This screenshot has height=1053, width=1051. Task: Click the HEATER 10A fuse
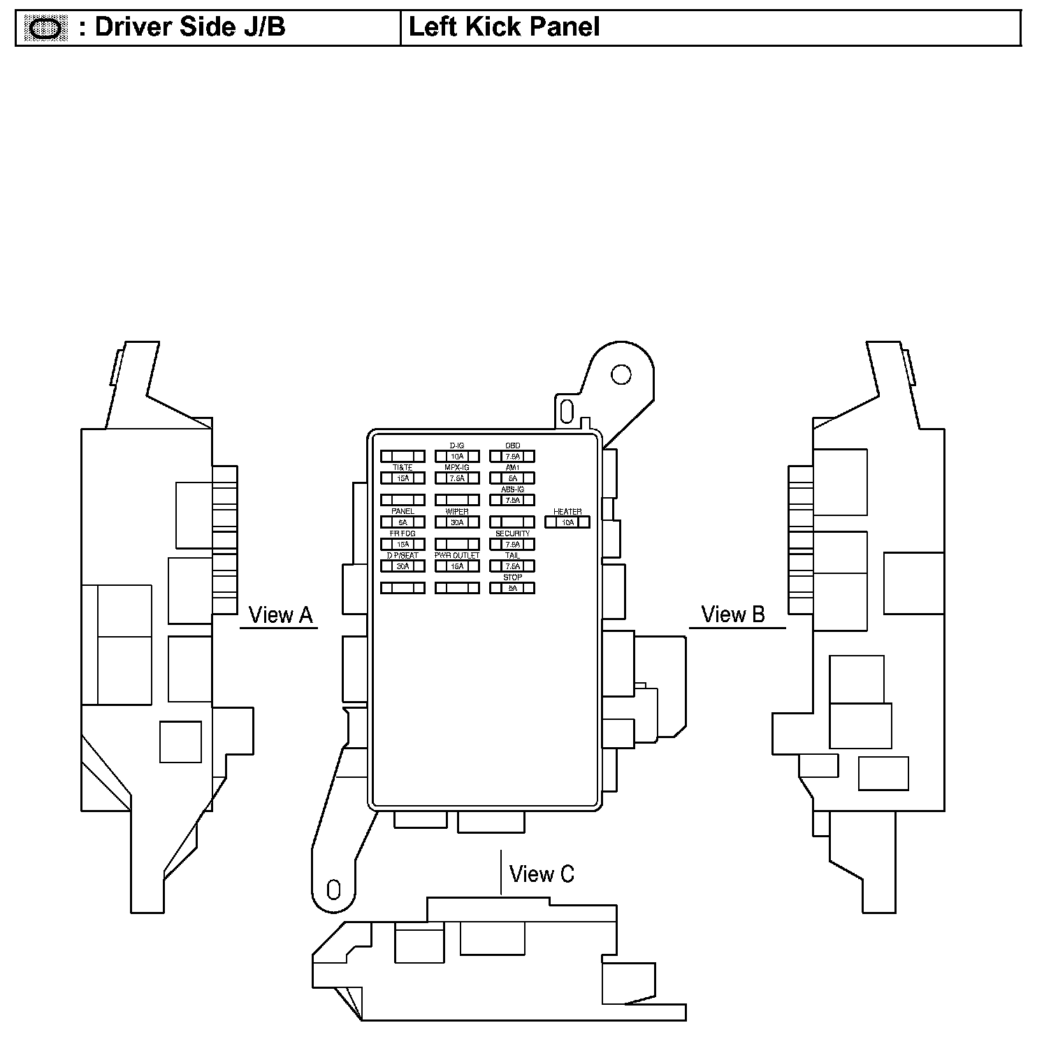(567, 522)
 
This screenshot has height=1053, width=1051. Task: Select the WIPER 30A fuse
(457, 522)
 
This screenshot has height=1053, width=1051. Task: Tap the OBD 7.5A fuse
(512, 457)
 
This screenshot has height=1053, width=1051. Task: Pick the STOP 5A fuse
(512, 589)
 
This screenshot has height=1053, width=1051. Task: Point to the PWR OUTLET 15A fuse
(457, 566)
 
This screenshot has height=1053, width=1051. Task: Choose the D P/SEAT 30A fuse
(403, 566)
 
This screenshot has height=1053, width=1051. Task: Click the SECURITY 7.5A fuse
(512, 545)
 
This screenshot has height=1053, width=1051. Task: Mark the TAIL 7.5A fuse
(512, 566)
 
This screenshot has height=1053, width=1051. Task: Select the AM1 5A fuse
(512, 478)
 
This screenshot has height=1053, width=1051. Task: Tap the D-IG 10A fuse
(457, 457)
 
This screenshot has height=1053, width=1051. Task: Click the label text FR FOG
(403, 533)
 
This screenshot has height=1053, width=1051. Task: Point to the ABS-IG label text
(512, 489)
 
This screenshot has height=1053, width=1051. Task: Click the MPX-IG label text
(457, 467)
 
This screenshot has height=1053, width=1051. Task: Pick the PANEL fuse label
(403, 511)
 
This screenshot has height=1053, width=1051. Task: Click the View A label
(280, 615)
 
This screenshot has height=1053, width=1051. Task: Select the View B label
(733, 614)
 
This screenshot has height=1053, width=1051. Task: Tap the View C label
(542, 874)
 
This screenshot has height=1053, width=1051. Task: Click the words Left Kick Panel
(504, 27)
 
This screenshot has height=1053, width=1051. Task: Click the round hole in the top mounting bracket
(621, 375)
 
